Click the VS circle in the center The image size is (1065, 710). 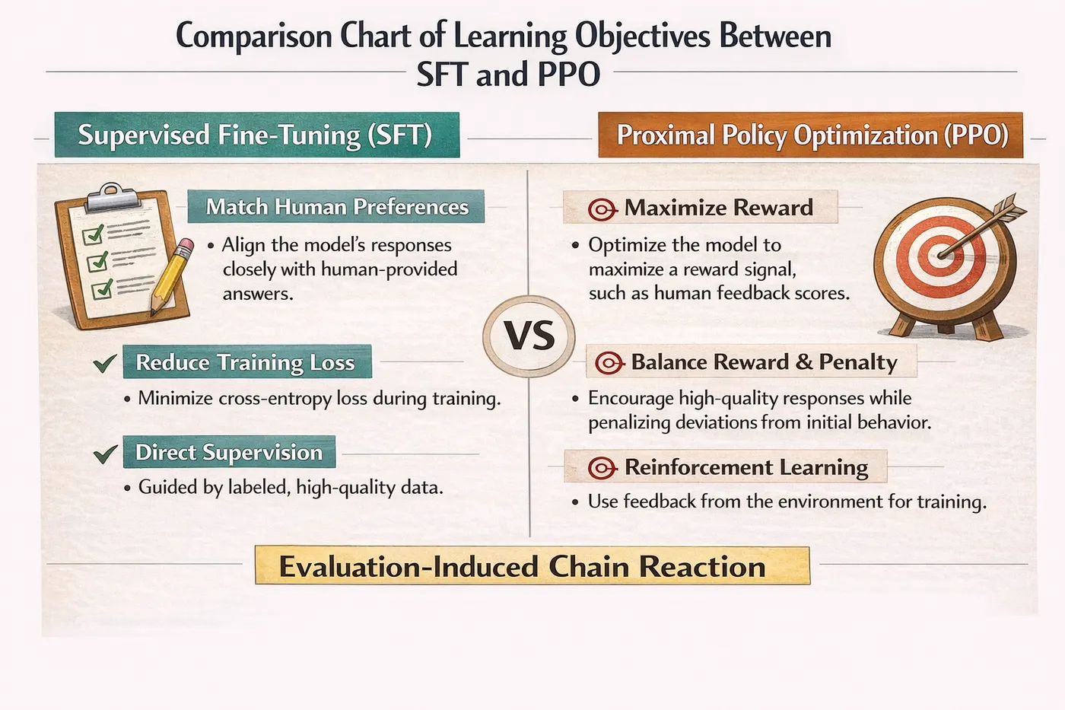[x=529, y=336]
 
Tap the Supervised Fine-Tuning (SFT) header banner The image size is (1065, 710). [x=257, y=135]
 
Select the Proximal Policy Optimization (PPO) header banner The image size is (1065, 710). [x=811, y=135]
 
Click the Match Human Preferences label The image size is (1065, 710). [x=336, y=206]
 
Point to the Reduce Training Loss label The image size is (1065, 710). [x=247, y=362]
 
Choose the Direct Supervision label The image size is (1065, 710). [x=229, y=452]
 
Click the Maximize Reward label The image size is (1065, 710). [x=701, y=207]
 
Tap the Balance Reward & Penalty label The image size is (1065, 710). [x=752, y=361]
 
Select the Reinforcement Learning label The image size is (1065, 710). [x=726, y=466]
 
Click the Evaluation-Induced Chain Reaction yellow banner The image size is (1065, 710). [x=532, y=565]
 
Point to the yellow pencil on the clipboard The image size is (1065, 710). [x=172, y=275]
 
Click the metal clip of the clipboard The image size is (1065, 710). [x=113, y=196]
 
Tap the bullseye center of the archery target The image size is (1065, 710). [x=940, y=256]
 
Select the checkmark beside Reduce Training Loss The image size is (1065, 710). [x=105, y=363]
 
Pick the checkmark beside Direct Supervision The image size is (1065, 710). [x=105, y=454]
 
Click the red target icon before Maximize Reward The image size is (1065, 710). [x=602, y=209]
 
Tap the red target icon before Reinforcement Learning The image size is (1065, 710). [x=602, y=468]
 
